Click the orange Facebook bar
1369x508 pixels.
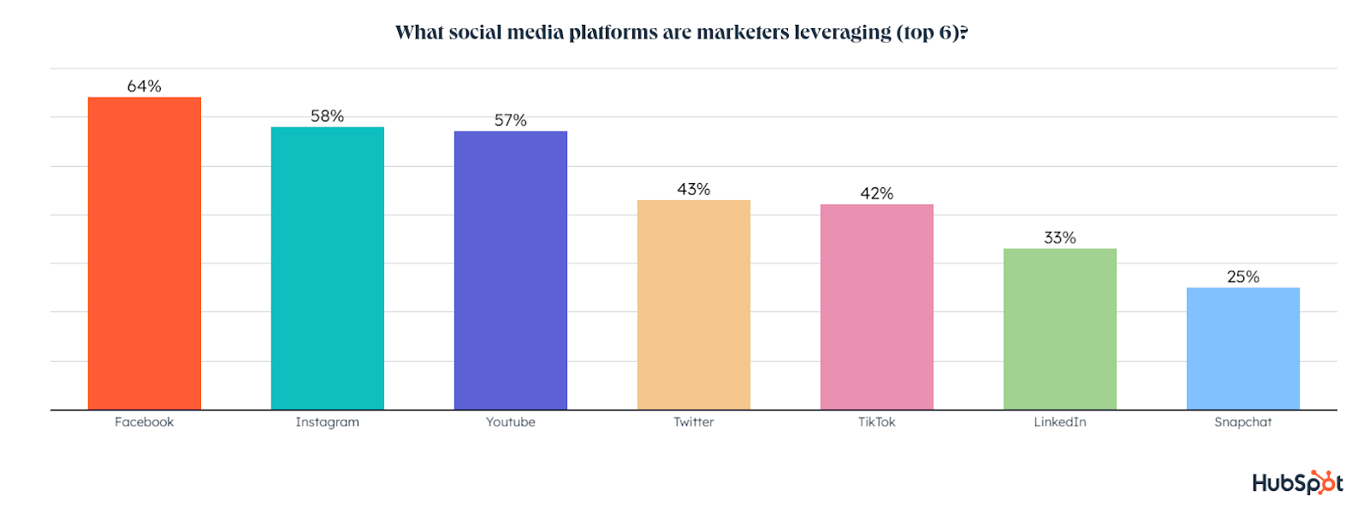point(144,253)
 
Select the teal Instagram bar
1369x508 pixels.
point(327,268)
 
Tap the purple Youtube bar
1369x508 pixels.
point(510,270)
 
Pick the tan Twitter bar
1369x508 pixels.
point(693,304)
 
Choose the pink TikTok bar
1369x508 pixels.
point(876,306)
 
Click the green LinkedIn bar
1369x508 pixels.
point(1059,328)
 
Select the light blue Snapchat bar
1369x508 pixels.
point(1242,348)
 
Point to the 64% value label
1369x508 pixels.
point(144,86)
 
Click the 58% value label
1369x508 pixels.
point(327,116)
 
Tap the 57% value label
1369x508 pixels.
point(510,121)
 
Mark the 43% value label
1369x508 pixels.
point(693,189)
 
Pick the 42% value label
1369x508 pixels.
point(876,193)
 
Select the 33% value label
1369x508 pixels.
point(1059,238)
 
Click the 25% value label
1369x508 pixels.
point(1242,277)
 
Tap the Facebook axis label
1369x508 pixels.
point(144,422)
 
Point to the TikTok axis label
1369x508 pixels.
point(876,422)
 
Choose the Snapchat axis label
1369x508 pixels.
point(1242,422)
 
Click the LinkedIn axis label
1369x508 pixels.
point(1059,422)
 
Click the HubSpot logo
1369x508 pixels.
point(1297,482)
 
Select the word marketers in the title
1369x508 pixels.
point(743,32)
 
